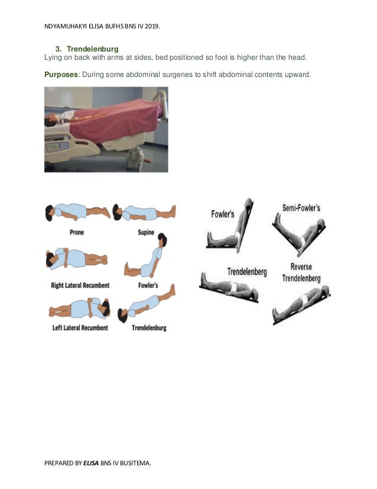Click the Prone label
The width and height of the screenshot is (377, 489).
[x=77, y=233]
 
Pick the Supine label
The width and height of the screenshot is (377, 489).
[x=147, y=233]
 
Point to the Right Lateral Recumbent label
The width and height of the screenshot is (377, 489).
[x=80, y=285]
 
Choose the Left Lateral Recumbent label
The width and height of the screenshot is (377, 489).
[x=79, y=327]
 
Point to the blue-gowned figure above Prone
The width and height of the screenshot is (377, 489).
[x=77, y=212]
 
